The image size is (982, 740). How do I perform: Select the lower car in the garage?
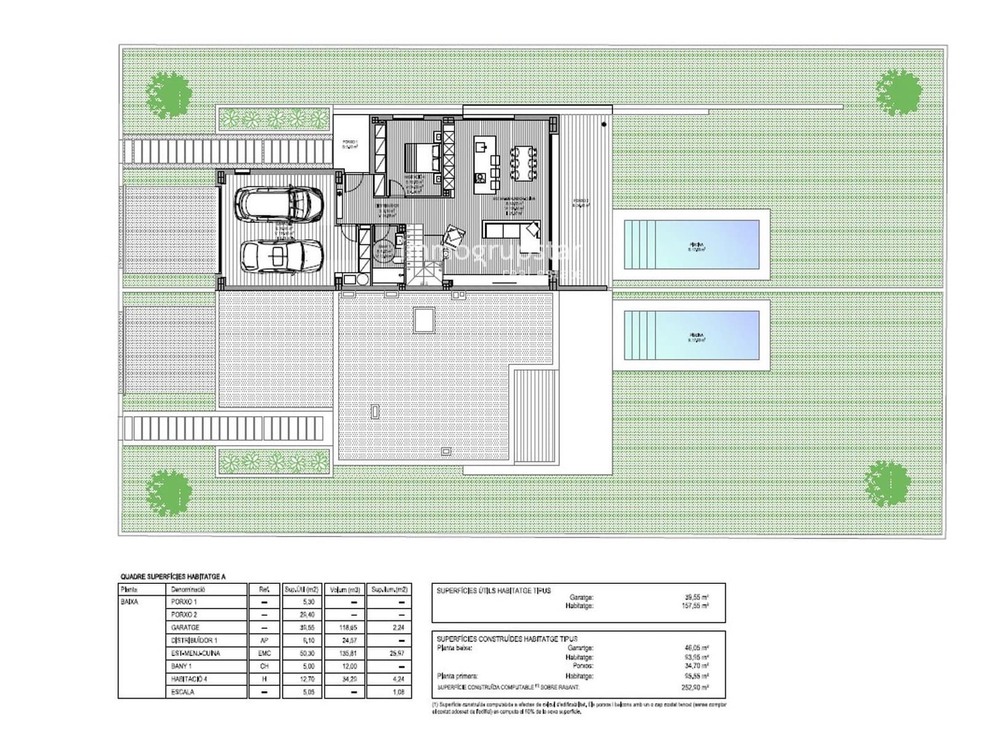coord(281,255)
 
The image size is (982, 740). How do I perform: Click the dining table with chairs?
coord(523,163)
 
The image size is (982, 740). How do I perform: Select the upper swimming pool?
coord(691,244)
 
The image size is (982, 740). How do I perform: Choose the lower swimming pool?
coord(691,335)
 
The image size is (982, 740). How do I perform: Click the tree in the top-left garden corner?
coord(169,94)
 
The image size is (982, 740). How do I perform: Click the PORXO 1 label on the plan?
coord(350,143)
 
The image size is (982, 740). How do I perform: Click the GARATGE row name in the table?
coord(185,627)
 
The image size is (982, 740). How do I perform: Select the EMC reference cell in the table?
coord(264,653)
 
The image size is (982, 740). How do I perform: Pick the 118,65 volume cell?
coord(344,627)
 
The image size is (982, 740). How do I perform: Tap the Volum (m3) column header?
coord(344,589)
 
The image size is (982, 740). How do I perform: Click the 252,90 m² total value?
coord(696,687)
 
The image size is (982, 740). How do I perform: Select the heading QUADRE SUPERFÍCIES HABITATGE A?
coord(173,577)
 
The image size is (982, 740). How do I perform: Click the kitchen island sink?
coord(482,147)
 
